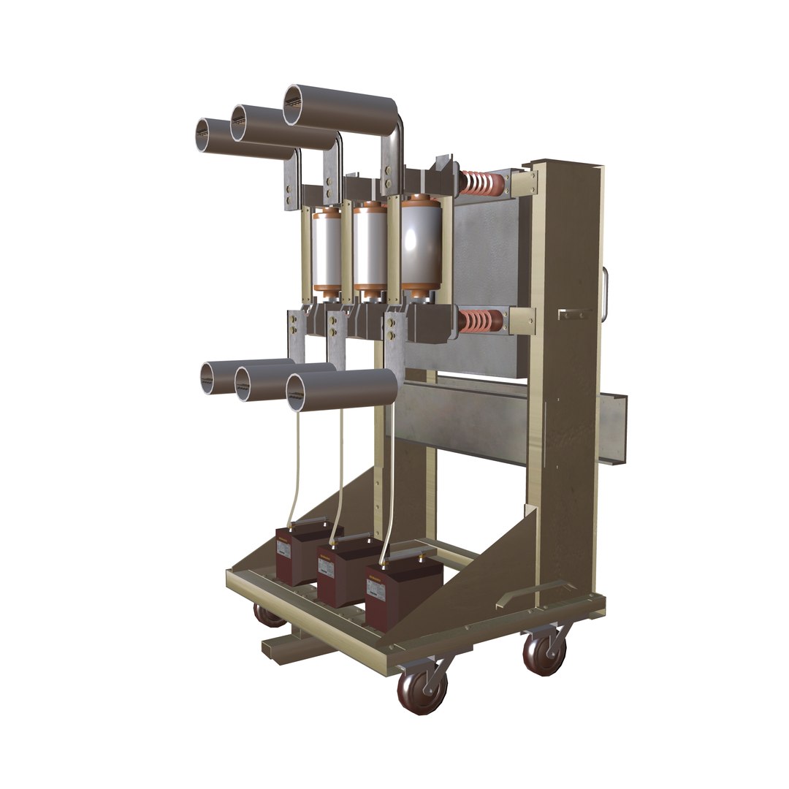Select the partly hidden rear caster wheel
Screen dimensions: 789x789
[268, 616]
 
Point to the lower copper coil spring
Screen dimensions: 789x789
[480, 321]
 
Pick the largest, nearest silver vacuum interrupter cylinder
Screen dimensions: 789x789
[422, 246]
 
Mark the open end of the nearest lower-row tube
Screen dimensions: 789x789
[300, 392]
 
